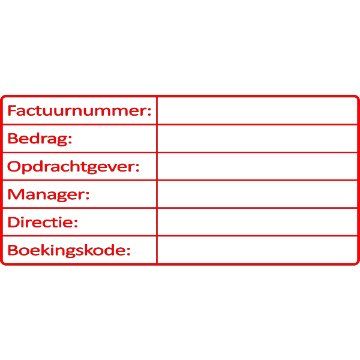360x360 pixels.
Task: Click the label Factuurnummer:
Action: click(79, 111)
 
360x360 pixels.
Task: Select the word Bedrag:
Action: click(40, 139)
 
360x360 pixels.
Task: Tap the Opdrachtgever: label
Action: click(73, 167)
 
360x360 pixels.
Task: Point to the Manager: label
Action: click(48, 194)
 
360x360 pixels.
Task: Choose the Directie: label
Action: click(43, 223)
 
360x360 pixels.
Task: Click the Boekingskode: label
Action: click(68, 250)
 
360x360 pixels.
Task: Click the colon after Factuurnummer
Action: click(150, 112)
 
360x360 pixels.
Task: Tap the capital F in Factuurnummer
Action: click(12, 111)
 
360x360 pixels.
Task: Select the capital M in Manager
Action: click(14, 194)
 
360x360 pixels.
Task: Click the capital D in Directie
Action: click(13, 223)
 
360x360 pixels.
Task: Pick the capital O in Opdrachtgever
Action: click(13, 167)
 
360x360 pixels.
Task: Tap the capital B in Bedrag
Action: click(12, 139)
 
